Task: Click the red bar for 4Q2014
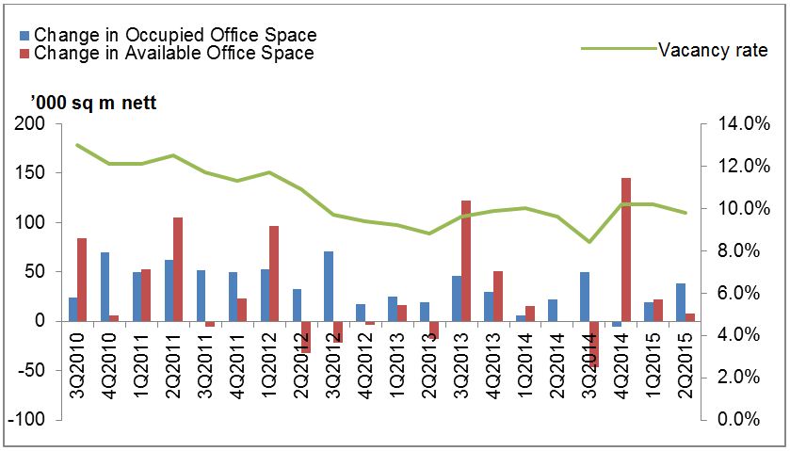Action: [621, 250]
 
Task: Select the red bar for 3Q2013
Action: [466, 261]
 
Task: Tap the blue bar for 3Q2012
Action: [329, 286]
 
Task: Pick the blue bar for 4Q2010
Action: [105, 286]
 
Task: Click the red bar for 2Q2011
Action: [178, 269]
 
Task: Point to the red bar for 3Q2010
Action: [82, 280]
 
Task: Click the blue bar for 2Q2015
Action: [681, 302]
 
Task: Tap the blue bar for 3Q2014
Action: [585, 297]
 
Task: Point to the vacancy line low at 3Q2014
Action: [589, 242]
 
